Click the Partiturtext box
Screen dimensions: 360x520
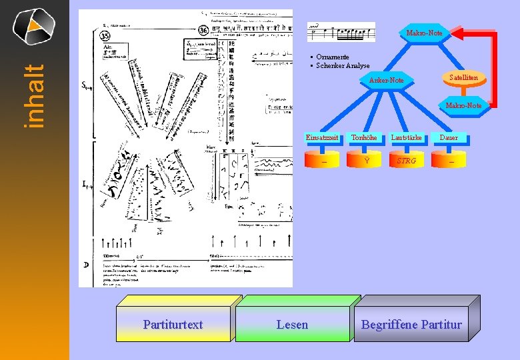tap(173, 325)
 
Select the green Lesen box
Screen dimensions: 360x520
tap(292, 325)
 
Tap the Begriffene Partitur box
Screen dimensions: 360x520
tap(411, 325)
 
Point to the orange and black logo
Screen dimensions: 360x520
tap(33, 25)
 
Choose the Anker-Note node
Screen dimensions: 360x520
tap(387, 81)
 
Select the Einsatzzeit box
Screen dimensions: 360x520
tap(323, 138)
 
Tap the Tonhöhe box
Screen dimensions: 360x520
tap(364, 138)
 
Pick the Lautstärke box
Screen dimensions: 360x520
tap(406, 138)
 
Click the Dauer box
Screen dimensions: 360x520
tap(449, 138)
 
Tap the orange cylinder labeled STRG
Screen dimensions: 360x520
tap(406, 161)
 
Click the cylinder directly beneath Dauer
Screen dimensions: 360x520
tap(451, 161)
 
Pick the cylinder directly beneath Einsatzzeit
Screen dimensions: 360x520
tap(323, 161)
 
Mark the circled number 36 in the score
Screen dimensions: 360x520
tap(203, 31)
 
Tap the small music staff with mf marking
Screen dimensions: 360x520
tap(341, 31)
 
